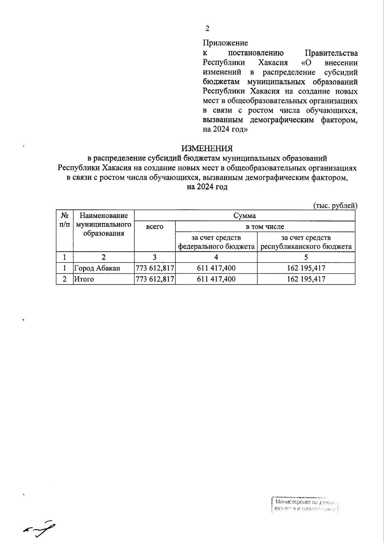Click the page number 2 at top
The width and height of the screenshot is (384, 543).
pos(207,29)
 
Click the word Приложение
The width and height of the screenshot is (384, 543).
pos(225,43)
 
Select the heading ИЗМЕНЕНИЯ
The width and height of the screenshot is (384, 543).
pos(207,149)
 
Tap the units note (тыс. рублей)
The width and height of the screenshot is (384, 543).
pos(335,206)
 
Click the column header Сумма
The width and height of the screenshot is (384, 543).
pos(244,216)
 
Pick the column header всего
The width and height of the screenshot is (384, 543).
pos(155,227)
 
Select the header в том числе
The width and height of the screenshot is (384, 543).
pos(265,227)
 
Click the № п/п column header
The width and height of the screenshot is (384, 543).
pos(65,220)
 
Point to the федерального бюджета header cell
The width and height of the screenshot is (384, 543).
pos(216,242)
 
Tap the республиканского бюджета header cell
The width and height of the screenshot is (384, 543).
pos(306,242)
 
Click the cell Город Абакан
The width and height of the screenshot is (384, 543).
pos(97,268)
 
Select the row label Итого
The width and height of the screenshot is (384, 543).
pos(84,279)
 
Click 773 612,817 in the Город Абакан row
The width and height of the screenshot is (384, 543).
pos(155,268)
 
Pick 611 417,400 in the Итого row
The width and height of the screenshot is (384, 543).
pos(216,279)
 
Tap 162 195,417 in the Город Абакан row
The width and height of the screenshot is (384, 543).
pos(306,268)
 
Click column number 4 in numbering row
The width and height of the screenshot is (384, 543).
pos(216,257)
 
